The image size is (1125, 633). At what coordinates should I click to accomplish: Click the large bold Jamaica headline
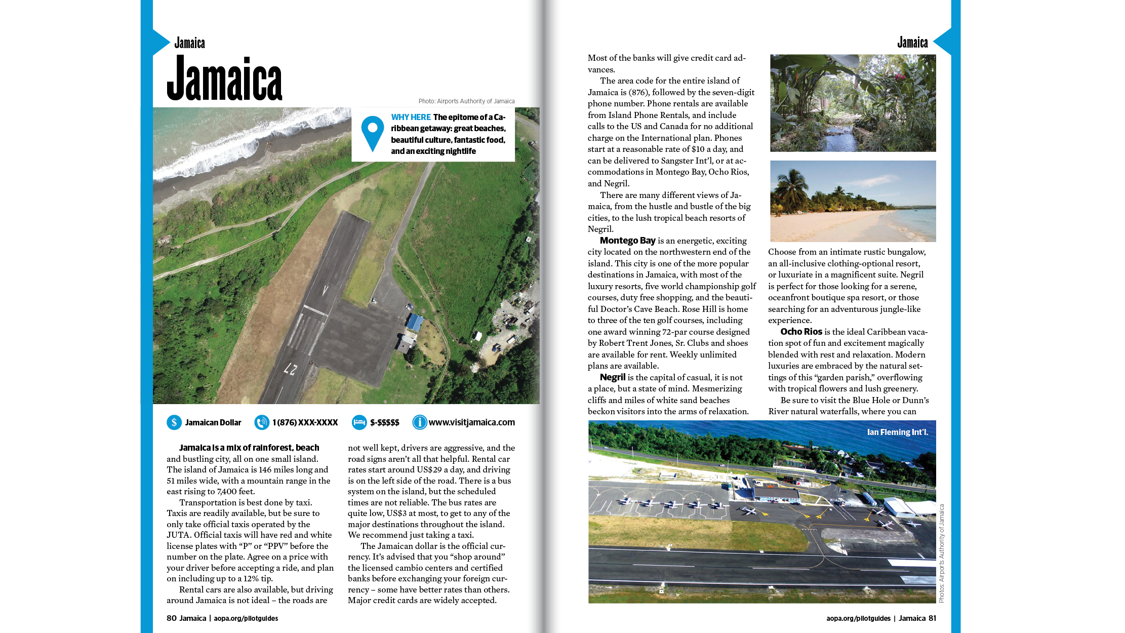pos(224,80)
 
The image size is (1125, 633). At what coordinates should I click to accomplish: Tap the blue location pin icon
pos(372,133)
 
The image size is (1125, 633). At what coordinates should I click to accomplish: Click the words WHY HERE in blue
pos(411,117)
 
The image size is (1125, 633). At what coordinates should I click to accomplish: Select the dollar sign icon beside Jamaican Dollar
pos(174,422)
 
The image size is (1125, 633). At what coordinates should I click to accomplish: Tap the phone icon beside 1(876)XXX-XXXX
pos(262,422)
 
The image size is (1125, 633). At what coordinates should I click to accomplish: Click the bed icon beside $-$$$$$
pos(359,422)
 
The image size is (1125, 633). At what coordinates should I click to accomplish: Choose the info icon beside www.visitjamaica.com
pos(419,422)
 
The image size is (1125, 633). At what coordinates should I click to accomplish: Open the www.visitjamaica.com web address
pos(471,422)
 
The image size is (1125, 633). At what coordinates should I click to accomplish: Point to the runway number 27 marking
pos(290,369)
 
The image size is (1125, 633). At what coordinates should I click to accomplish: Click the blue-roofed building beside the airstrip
pos(415,322)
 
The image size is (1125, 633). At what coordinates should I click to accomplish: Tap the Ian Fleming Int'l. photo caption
pos(897,432)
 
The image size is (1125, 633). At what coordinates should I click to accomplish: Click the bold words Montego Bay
pos(627,241)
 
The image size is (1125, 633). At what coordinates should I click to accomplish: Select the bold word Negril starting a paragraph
pos(613,377)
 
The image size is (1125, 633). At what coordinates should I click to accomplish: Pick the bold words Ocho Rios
pos(801,332)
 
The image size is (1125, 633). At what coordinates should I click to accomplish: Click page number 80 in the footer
pos(172,618)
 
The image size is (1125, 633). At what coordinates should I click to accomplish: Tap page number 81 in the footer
pos(932,618)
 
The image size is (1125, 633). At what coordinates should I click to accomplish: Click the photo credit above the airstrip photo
pos(466,101)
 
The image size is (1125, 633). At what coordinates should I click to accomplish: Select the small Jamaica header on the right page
pos(912,43)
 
